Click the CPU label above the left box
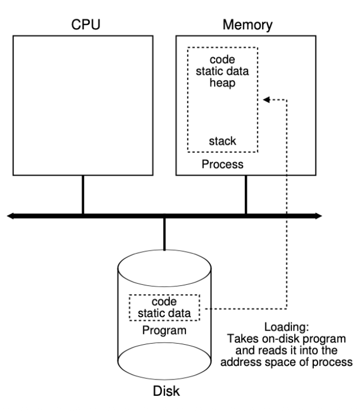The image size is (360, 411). pyautogui.click(x=83, y=25)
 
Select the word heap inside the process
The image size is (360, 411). pyautogui.click(x=222, y=84)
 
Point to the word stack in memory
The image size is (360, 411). pyautogui.click(x=222, y=141)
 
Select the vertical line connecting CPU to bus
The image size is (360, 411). pyautogui.click(x=83, y=196)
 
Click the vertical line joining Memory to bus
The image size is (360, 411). pyautogui.click(x=246, y=196)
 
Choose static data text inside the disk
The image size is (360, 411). pyautogui.click(x=164, y=312)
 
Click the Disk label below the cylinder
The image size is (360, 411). pyautogui.click(x=164, y=400)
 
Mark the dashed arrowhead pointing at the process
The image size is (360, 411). pyautogui.click(x=266, y=99)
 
